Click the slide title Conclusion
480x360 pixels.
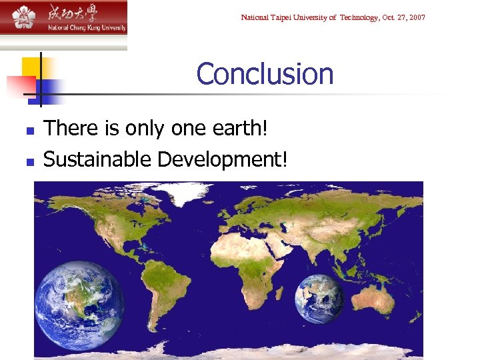[x=265, y=74]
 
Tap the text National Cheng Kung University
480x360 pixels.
[x=86, y=28]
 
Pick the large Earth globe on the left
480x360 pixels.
[x=79, y=305]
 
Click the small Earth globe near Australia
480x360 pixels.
[x=320, y=299]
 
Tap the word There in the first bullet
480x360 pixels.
[x=69, y=127]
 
